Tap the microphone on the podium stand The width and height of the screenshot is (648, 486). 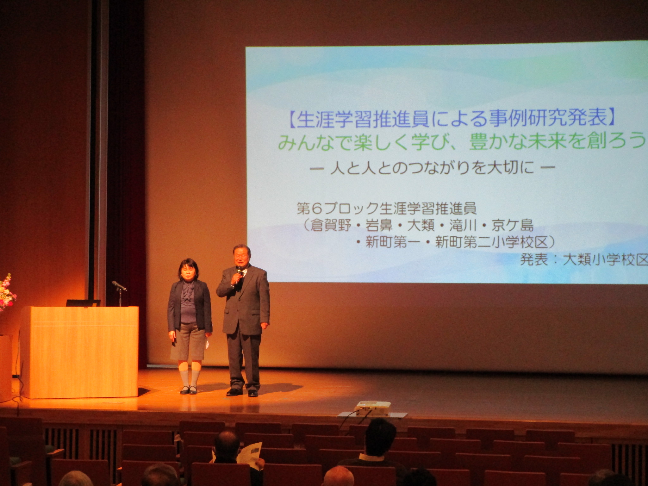[119, 285]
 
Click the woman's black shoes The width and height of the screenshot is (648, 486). [189, 391]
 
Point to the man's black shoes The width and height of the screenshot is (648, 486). [242, 393]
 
